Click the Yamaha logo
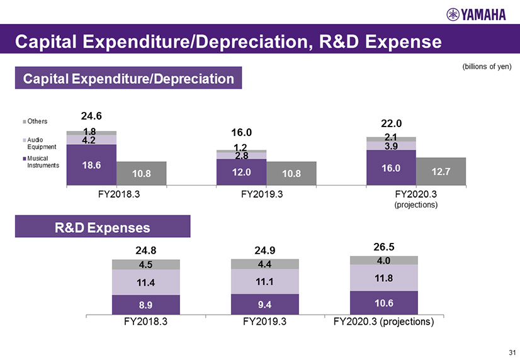pyautogui.click(x=476, y=14)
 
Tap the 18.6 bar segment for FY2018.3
pyautogui.click(x=91, y=165)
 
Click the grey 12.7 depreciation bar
pyautogui.click(x=441, y=171)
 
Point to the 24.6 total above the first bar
pyautogui.click(x=92, y=116)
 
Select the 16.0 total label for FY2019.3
pyautogui.click(x=241, y=133)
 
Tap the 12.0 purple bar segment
pyautogui.click(x=241, y=172)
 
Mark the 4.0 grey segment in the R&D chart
pyautogui.click(x=384, y=260)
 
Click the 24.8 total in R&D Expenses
pyautogui.click(x=145, y=249)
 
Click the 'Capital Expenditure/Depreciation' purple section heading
pyautogui.click(x=128, y=78)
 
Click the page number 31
pyautogui.click(x=510, y=351)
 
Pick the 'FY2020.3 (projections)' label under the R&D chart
pyautogui.click(x=384, y=322)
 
